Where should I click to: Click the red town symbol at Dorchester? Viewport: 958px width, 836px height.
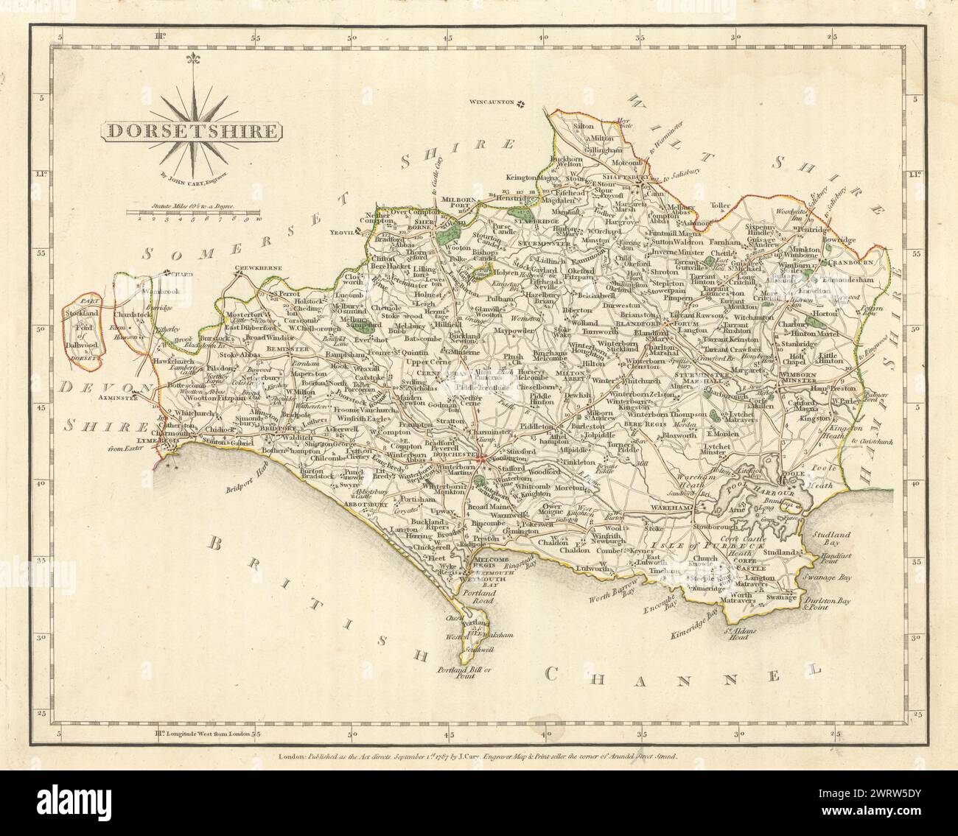tap(480, 460)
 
